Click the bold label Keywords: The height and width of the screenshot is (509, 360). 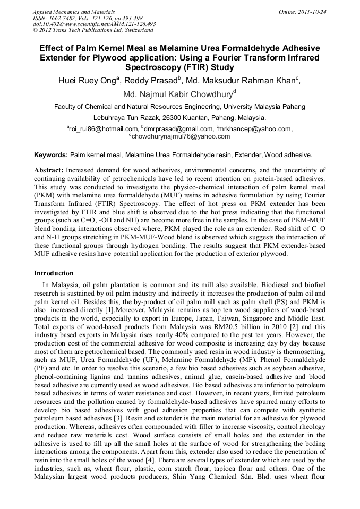coord(51,155)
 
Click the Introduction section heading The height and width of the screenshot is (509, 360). coord(54,273)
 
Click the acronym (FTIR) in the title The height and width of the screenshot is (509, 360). coord(191,67)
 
